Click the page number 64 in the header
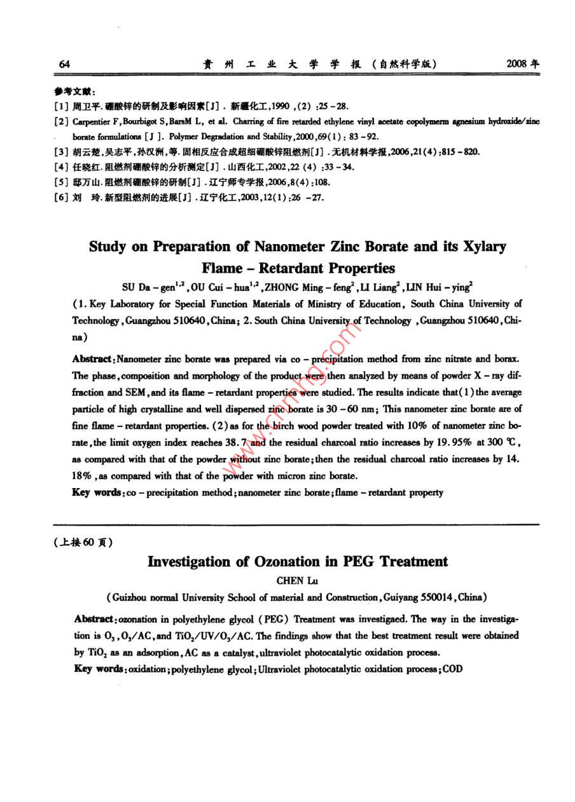(x=64, y=64)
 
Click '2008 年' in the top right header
(x=522, y=64)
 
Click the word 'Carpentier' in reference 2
(x=92, y=121)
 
